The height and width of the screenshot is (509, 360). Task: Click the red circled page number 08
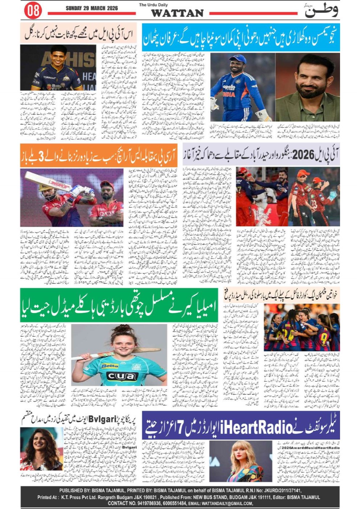(x=33, y=11)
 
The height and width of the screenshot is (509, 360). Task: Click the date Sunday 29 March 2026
(x=91, y=8)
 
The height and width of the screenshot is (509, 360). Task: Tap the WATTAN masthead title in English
(x=177, y=13)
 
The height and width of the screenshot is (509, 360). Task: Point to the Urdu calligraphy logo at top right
(x=321, y=10)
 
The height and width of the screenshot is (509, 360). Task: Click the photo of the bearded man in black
(x=307, y=87)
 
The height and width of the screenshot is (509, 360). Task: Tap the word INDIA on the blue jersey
(x=229, y=95)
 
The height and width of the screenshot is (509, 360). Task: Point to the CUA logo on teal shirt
(x=122, y=376)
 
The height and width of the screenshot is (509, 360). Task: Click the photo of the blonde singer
(x=240, y=461)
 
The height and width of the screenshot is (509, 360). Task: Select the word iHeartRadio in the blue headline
(x=256, y=427)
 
